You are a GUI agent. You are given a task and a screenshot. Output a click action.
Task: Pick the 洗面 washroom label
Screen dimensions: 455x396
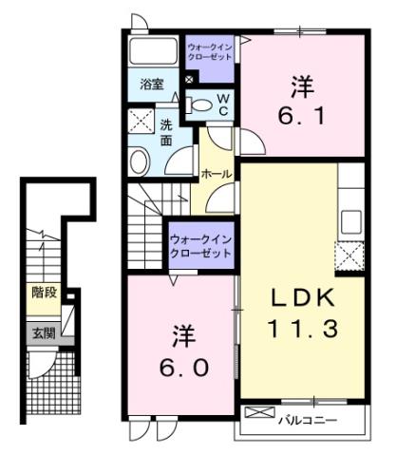165,132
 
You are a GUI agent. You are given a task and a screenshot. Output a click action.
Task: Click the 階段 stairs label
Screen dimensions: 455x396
44,293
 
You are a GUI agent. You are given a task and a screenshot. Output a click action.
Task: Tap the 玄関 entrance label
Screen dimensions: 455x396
44,332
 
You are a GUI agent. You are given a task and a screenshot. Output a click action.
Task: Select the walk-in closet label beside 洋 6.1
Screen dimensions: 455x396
209,51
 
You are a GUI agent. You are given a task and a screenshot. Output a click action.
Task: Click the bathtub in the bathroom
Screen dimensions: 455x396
155,52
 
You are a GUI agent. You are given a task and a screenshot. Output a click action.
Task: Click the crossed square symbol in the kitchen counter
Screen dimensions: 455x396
349,255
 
